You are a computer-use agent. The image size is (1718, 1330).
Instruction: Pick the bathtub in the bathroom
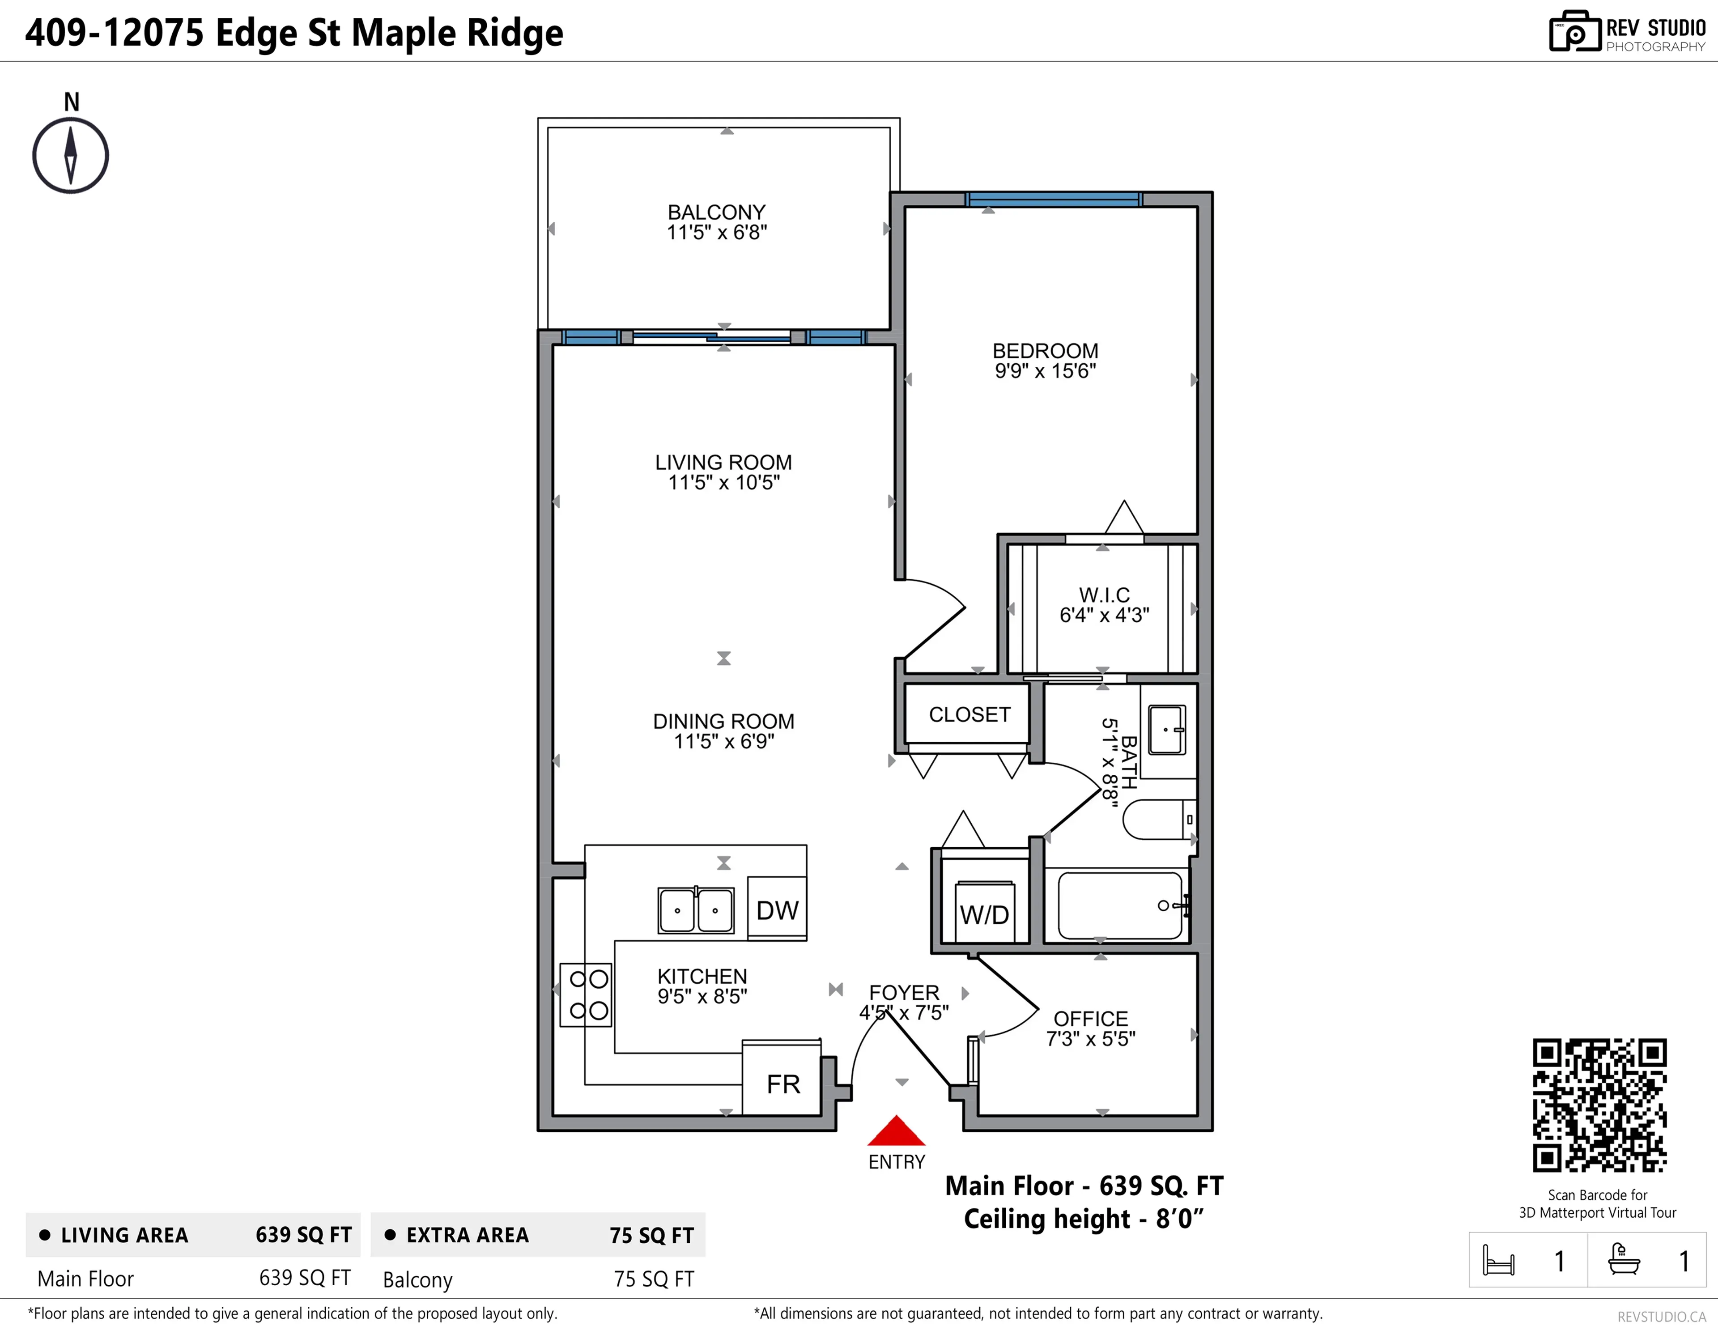click(1120, 905)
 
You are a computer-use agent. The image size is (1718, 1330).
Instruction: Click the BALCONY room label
click(716, 212)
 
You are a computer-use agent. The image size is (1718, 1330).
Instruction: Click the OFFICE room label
click(1090, 1019)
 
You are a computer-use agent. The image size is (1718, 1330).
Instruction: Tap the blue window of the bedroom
click(1053, 199)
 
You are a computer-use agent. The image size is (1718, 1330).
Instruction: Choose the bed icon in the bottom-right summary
click(1498, 1260)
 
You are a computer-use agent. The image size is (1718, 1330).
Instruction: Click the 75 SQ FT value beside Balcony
click(654, 1279)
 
